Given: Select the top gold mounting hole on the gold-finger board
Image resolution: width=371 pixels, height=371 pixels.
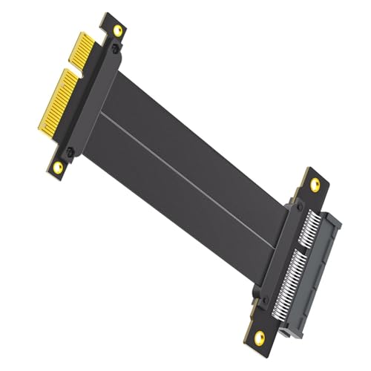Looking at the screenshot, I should pos(116,29).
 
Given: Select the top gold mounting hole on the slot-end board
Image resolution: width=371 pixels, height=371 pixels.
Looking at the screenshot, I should pos(314,183).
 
